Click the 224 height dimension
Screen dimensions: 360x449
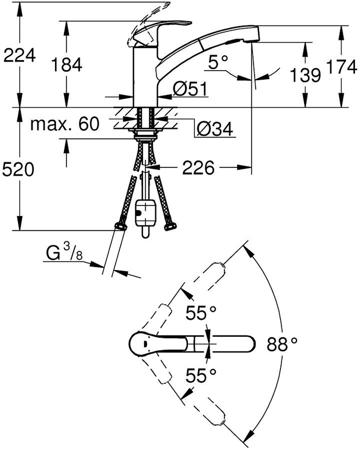tap(20, 55)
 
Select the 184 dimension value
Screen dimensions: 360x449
tap(67, 65)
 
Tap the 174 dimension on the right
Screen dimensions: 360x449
tap(341, 67)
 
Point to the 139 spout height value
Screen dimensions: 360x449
tap(305, 75)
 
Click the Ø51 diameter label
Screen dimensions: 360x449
tap(190, 89)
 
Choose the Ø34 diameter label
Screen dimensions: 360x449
tap(215, 129)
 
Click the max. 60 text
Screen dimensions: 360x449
tap(64, 123)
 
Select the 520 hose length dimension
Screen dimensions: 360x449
tap(18, 169)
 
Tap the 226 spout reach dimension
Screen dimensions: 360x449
tap(199, 167)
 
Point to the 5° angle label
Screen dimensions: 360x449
tap(218, 62)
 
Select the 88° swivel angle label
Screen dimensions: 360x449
tap(282, 343)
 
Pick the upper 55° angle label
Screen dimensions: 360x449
tap(201, 313)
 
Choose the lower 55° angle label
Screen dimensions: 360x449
tap(201, 375)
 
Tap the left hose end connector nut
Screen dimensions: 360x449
tap(121, 227)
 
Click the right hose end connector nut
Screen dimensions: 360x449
tap(170, 227)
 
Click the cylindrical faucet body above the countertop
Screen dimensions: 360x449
tap(145, 77)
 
